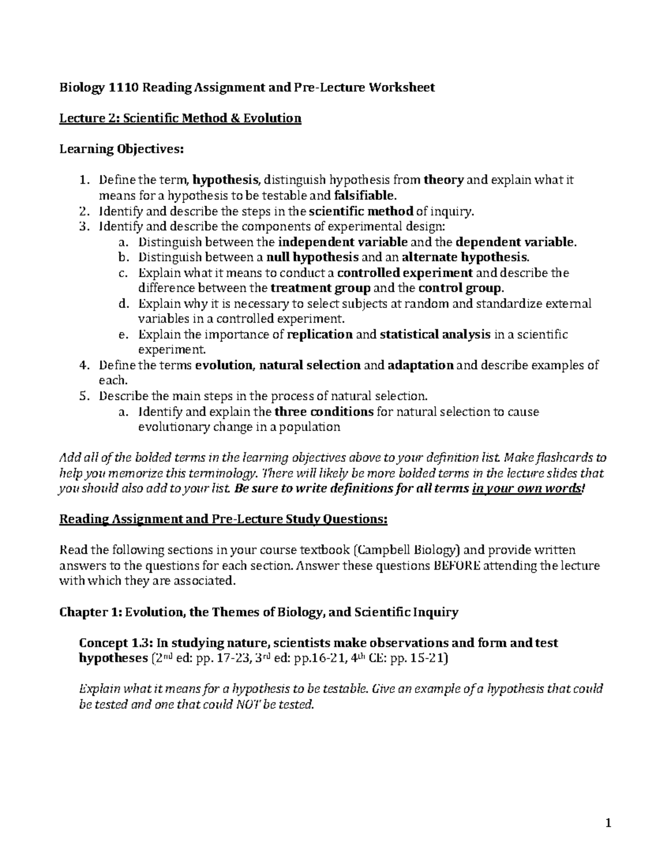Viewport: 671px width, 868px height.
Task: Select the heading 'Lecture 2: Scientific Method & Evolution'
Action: click(x=180, y=118)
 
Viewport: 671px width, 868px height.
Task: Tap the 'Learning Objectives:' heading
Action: click(x=121, y=149)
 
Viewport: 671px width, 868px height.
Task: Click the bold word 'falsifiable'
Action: click(x=363, y=196)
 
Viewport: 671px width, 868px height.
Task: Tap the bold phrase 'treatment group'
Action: click(x=320, y=288)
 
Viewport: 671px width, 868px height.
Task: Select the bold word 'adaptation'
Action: click(x=420, y=366)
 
